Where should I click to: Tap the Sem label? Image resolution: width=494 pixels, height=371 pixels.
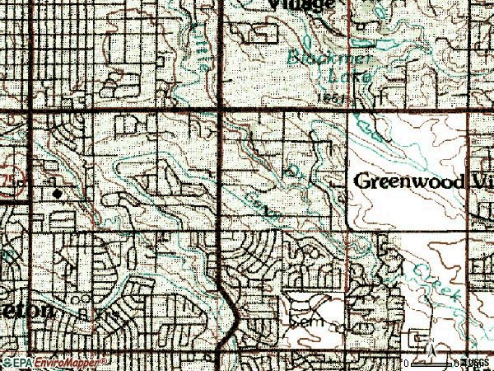(x=303, y=317)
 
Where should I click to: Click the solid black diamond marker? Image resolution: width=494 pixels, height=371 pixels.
(x=57, y=193)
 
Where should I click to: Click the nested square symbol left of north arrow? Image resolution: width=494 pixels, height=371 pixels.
(x=417, y=338)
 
